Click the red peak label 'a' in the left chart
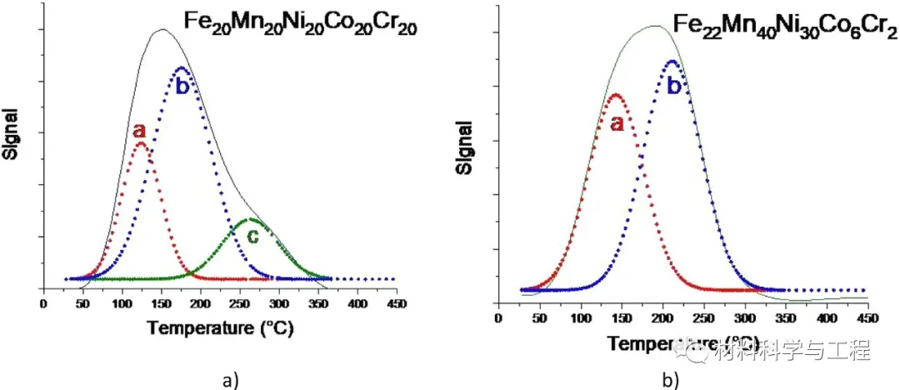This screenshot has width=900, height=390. [139, 131]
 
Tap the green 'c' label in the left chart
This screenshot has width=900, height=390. [252, 237]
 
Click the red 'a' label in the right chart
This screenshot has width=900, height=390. [617, 123]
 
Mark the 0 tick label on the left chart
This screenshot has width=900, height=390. [44, 304]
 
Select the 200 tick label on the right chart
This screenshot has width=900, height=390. [662, 317]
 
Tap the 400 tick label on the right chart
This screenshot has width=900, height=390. [826, 317]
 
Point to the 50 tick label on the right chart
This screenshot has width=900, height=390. [539, 317]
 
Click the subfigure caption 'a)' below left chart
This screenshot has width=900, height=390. [231, 380]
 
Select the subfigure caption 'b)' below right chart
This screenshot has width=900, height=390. [671, 380]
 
